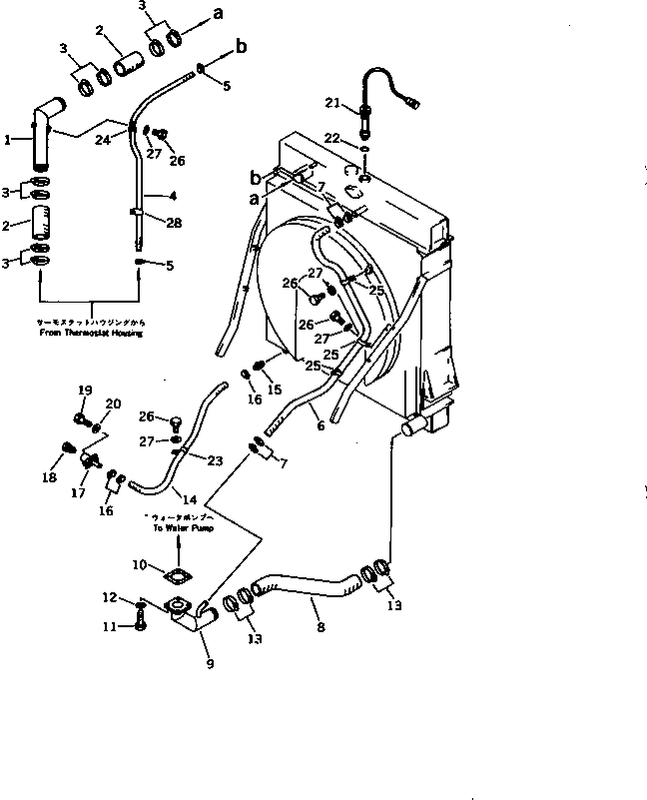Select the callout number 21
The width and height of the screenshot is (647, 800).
[x=333, y=102]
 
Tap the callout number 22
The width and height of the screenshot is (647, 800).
[x=333, y=137]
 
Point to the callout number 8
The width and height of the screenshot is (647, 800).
[x=321, y=629]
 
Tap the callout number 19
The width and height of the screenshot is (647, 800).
[x=85, y=391]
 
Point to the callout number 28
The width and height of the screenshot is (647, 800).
[x=174, y=223]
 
